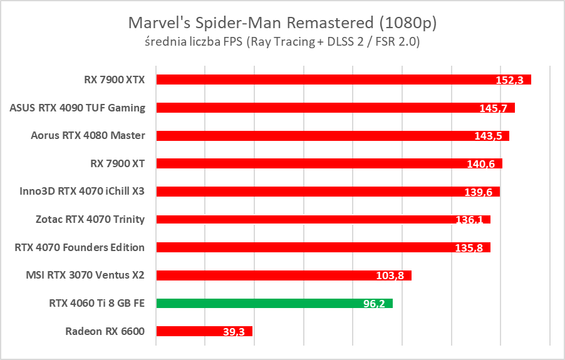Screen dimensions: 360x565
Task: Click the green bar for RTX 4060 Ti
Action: tap(274, 304)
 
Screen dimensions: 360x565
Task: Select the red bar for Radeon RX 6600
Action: tap(204, 331)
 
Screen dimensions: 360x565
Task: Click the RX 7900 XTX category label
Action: tap(114, 80)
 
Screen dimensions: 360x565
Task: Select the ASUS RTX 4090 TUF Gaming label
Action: tap(78, 108)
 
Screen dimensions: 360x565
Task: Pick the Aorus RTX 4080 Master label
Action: tap(88, 135)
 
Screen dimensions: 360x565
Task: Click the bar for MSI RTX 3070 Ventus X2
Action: tap(284, 275)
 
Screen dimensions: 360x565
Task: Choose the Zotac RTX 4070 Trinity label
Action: tap(90, 219)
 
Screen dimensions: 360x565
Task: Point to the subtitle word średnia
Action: tap(163, 42)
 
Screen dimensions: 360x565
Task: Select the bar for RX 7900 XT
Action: tap(329, 163)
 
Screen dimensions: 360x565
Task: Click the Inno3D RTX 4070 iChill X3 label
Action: tap(82, 191)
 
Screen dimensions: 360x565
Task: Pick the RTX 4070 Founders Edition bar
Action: tap(323, 247)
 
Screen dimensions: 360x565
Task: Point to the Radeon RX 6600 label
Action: tap(105, 331)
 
